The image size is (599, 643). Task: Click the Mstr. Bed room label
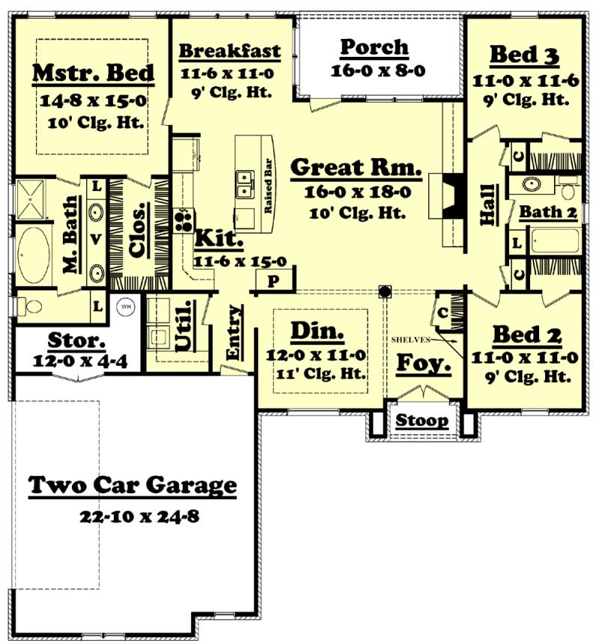coord(94,73)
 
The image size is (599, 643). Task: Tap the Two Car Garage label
coord(133,486)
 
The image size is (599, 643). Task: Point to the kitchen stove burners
coord(182,219)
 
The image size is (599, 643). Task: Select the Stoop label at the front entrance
coord(423,421)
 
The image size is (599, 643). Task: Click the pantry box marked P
coord(273,280)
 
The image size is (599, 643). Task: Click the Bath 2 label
coord(549,213)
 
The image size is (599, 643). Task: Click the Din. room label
coord(317,330)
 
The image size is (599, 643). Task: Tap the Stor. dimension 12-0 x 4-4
coord(80,361)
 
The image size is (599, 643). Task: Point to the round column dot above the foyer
coord(386,290)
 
